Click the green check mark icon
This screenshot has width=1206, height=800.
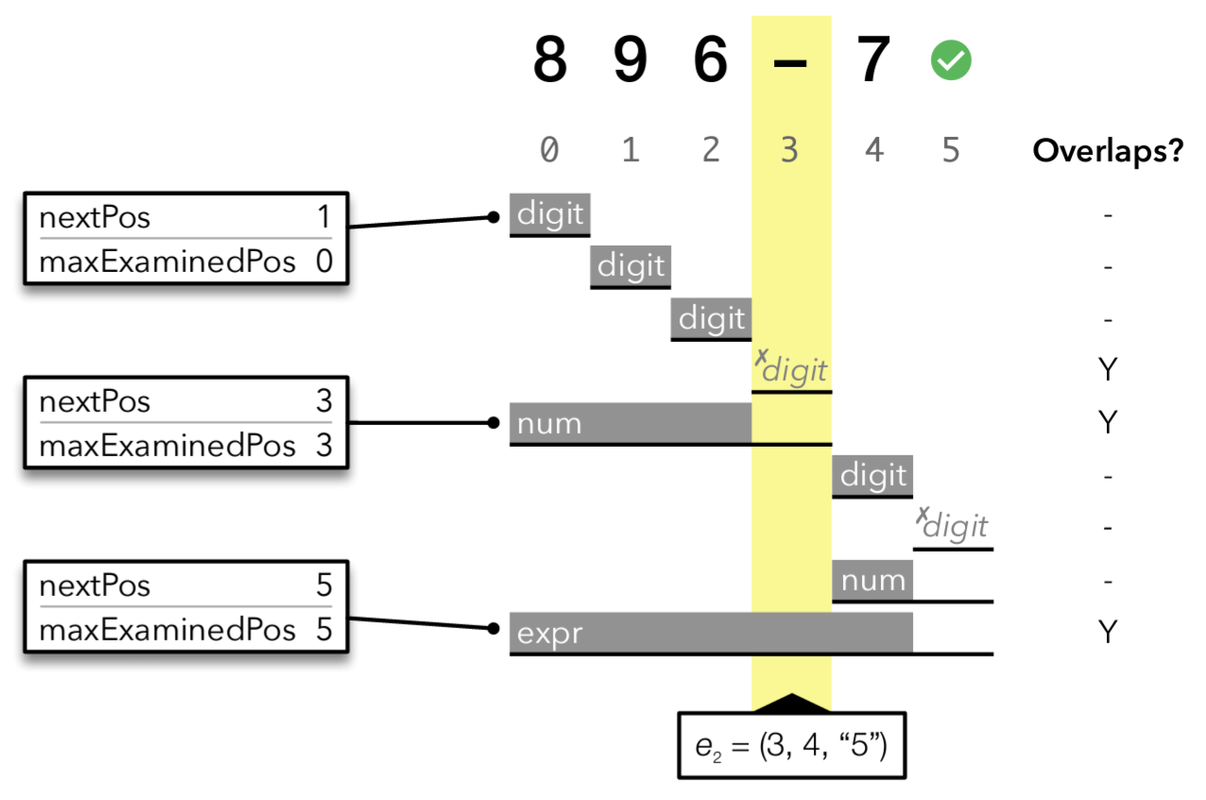click(x=951, y=61)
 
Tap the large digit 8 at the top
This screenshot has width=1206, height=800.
click(x=550, y=60)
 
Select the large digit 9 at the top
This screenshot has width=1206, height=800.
click(x=630, y=60)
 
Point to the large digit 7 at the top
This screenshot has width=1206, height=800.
click(x=872, y=60)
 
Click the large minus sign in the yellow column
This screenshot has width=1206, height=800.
click(x=790, y=61)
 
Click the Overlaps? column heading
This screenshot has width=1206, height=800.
click(x=1108, y=150)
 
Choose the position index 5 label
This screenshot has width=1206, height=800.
click(x=952, y=149)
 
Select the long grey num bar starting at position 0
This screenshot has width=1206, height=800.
click(x=629, y=423)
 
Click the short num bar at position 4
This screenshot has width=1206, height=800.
click(x=872, y=580)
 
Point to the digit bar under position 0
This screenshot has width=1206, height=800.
click(x=550, y=214)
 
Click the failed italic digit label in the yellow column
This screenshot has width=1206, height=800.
click(x=792, y=369)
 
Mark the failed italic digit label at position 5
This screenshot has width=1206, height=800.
click(x=953, y=524)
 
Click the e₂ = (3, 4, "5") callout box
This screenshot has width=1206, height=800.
click(x=791, y=745)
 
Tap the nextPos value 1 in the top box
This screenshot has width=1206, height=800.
click(x=324, y=219)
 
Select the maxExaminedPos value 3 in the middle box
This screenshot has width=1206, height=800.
click(x=324, y=446)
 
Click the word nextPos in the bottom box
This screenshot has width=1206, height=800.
click(x=95, y=586)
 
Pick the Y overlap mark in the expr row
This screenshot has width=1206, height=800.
click(x=1108, y=632)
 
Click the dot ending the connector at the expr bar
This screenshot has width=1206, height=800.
click(x=492, y=629)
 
